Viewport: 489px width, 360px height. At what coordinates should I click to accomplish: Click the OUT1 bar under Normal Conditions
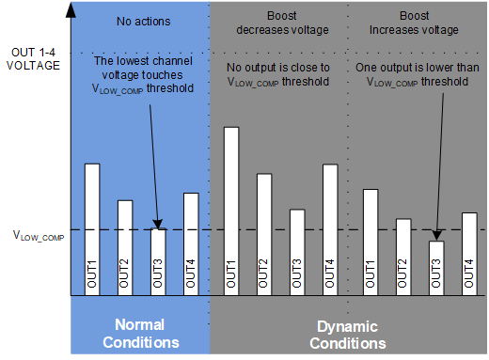pos(92,230)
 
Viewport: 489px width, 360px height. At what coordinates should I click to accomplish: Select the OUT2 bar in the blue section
pos(125,248)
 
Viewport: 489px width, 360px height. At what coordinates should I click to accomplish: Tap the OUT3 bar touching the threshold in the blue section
pos(158,262)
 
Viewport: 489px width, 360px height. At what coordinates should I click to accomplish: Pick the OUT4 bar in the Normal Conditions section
pos(190,244)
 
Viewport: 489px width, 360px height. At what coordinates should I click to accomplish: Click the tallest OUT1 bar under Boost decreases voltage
pos(231,211)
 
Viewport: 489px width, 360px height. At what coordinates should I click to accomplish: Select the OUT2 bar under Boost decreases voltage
pos(264,235)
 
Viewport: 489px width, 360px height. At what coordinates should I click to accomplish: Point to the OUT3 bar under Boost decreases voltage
pos(297,252)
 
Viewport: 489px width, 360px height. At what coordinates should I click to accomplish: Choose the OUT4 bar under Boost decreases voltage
pos(329,230)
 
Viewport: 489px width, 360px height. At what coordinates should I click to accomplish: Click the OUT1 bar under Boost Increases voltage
pos(371,243)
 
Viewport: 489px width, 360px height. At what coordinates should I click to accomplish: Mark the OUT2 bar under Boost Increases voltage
pos(403,258)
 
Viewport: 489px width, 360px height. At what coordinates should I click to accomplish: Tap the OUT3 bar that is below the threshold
pos(436,269)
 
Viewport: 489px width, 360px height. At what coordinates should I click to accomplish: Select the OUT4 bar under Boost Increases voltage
pos(468,254)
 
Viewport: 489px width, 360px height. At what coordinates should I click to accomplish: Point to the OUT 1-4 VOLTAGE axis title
pos(35,58)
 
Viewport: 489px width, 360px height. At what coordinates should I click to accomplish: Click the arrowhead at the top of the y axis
pos(71,9)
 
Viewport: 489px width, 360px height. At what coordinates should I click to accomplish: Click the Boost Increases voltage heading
pos(416,23)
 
